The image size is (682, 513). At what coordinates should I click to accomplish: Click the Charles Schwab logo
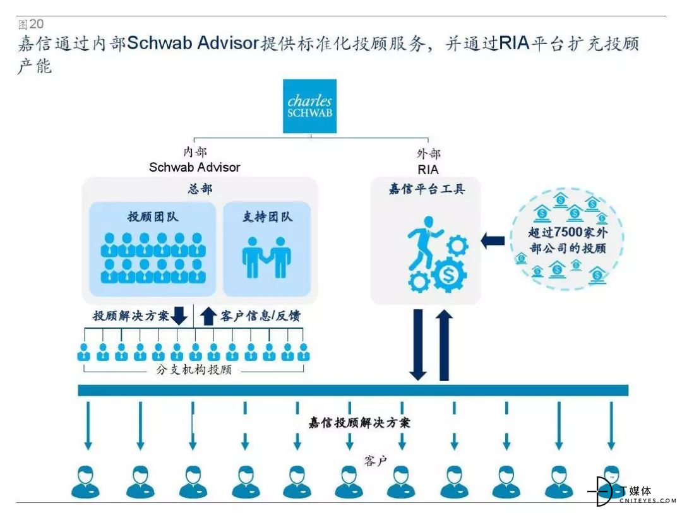click(x=309, y=106)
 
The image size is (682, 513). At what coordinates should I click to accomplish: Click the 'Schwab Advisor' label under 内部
click(x=194, y=167)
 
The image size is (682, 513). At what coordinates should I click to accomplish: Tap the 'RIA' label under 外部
click(x=428, y=170)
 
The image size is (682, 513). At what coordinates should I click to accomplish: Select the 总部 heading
click(x=200, y=189)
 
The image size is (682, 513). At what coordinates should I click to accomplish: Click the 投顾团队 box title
click(x=153, y=216)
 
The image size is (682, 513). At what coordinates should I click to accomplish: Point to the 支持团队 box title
click(x=267, y=216)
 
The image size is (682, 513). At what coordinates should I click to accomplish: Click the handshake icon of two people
click(x=266, y=257)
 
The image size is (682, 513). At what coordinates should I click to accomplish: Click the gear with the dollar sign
click(x=448, y=274)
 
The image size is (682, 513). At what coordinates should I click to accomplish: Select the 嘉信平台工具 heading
click(x=427, y=189)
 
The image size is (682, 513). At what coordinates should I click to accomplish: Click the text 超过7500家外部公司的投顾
click(x=568, y=240)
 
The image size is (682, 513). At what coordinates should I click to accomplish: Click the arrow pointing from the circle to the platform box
click(x=493, y=241)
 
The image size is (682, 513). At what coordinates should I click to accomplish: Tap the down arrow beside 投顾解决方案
click(x=179, y=316)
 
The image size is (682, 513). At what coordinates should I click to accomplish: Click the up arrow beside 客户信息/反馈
click(x=208, y=316)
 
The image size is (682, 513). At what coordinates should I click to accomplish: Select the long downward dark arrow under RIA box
click(x=418, y=345)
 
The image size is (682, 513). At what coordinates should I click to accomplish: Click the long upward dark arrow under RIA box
click(x=444, y=345)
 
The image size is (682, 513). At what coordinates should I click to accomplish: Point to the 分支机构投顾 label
click(x=194, y=370)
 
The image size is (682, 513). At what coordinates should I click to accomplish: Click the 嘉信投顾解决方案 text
click(x=359, y=423)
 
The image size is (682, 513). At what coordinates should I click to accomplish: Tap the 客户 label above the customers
click(x=375, y=461)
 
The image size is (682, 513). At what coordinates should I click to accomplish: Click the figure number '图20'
click(x=30, y=24)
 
